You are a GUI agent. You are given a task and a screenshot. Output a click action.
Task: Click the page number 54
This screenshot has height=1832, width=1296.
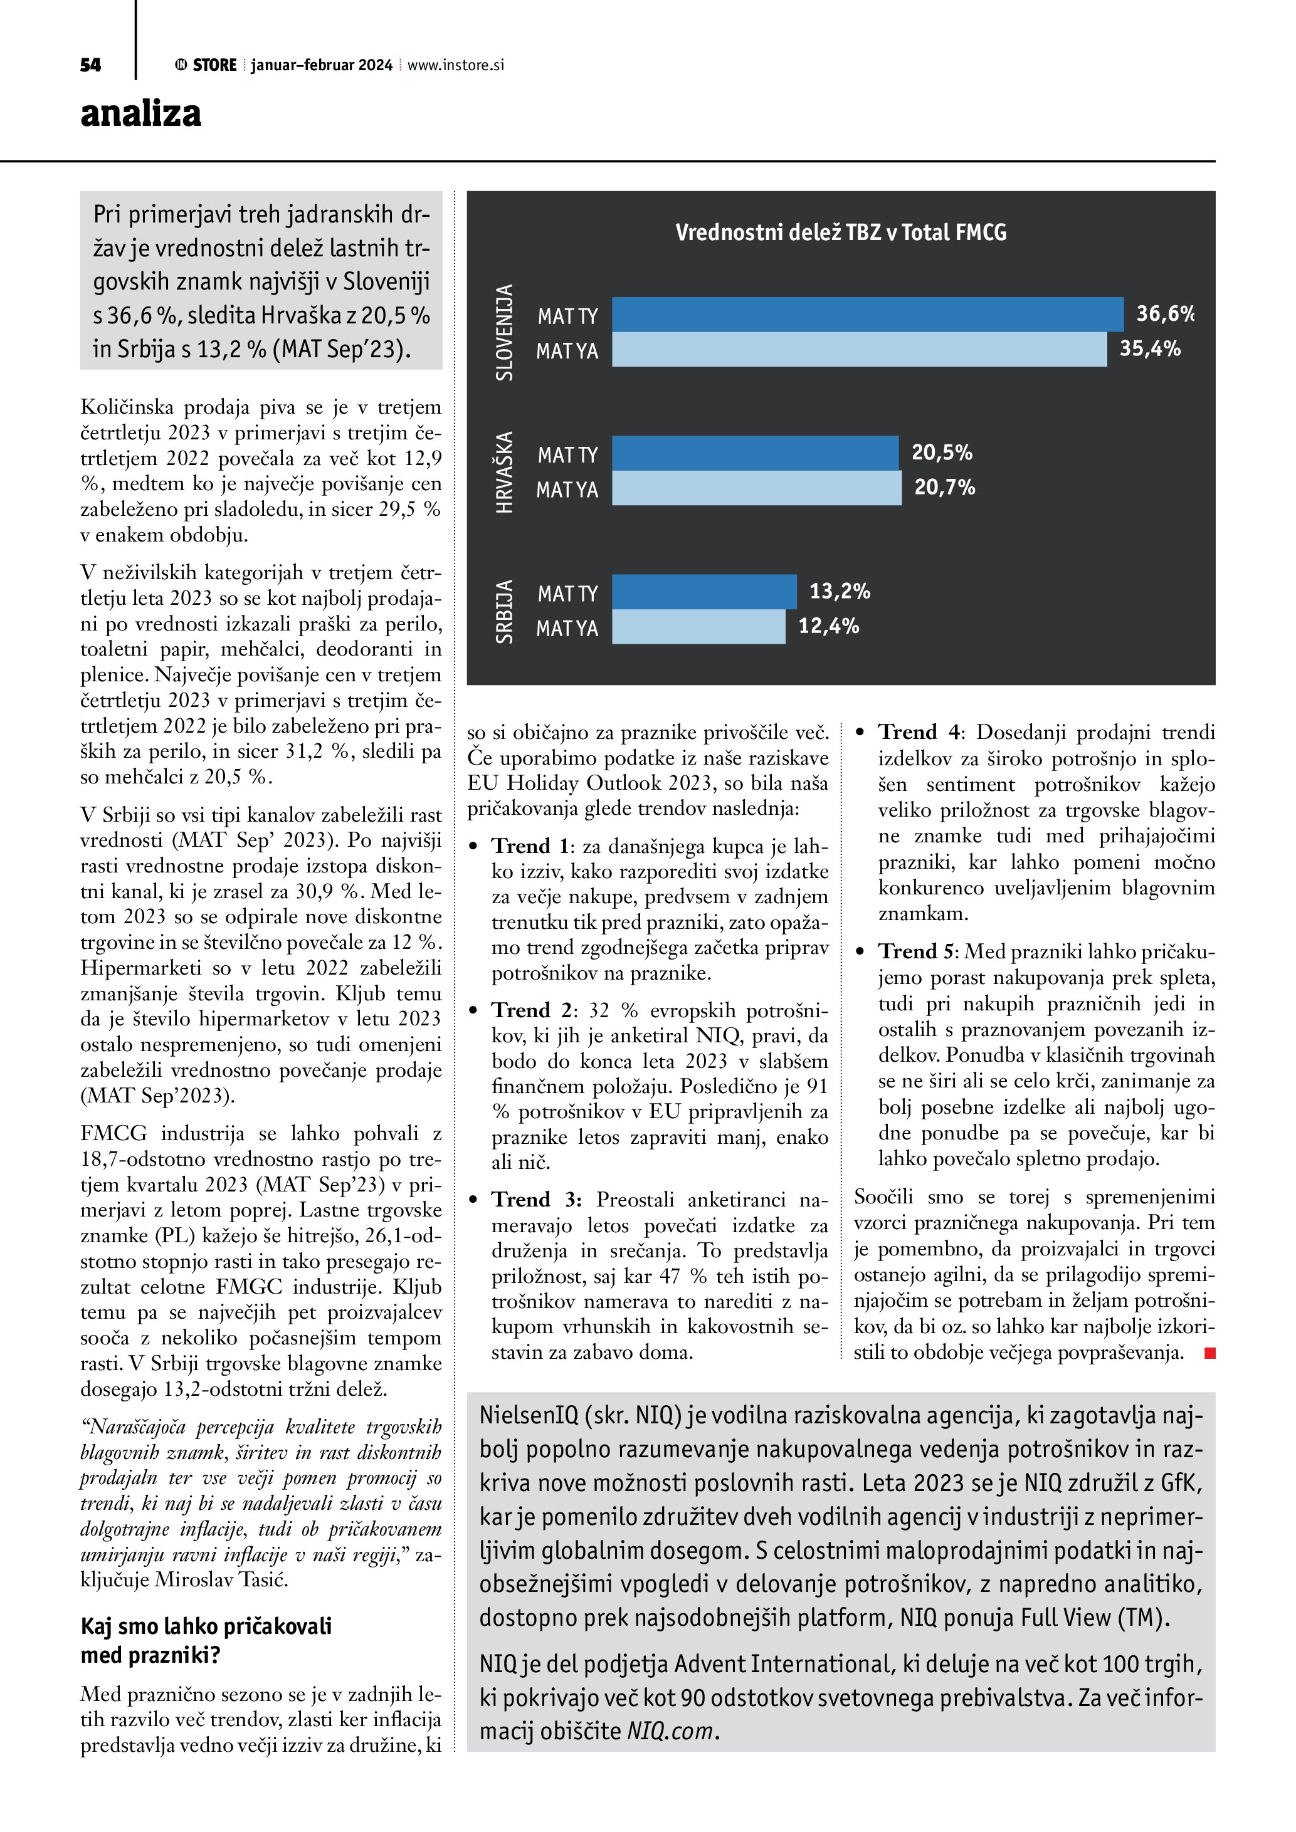[x=90, y=65]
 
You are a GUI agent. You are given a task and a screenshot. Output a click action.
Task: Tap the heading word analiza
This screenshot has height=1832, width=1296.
[x=140, y=113]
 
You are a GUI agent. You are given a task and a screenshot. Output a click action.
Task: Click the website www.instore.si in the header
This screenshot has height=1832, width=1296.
[x=456, y=65]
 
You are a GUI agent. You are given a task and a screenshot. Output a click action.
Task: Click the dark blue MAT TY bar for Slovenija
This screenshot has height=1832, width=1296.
[x=868, y=315]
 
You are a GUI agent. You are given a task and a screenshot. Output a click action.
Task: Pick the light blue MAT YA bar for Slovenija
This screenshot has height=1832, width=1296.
[x=859, y=350]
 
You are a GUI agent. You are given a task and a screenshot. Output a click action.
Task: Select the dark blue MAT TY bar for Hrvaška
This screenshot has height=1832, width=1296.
[x=755, y=453]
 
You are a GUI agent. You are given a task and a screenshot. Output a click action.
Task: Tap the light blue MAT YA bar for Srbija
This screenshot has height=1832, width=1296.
[x=698, y=627]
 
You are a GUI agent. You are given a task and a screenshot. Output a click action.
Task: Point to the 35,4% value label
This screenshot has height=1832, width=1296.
[x=1149, y=348]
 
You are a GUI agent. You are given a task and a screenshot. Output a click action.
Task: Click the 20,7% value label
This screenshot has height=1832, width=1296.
[x=944, y=488]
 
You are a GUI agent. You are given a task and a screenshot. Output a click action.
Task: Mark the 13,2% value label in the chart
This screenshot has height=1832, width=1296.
[x=840, y=591]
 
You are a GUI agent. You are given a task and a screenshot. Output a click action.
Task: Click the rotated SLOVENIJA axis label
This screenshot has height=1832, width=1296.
[x=504, y=332]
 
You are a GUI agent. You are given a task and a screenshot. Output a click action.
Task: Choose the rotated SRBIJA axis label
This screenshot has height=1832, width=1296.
[x=504, y=611]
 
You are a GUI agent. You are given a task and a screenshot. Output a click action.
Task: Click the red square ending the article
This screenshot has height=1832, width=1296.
[x=1210, y=1353]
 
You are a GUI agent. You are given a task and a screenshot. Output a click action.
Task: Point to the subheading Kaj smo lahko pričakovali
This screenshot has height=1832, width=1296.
[x=206, y=1625]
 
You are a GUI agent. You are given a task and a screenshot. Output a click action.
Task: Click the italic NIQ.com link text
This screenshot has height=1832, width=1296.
[x=670, y=1732]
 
